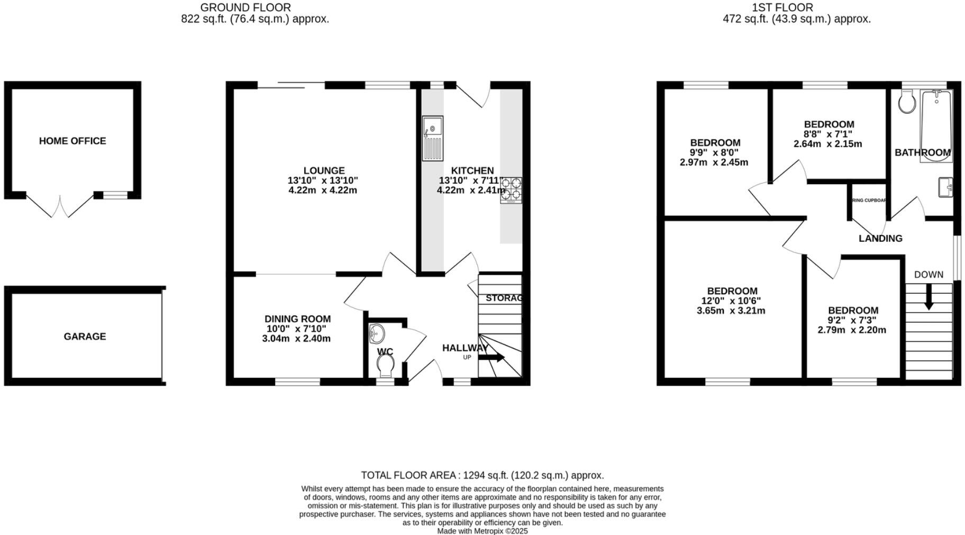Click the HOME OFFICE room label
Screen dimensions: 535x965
coord(72,141)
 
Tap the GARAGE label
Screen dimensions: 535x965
coord(85,337)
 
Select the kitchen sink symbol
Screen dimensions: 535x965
coord(432,138)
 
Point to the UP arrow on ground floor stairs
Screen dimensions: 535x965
coord(492,357)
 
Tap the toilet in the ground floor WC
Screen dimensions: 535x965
coord(386,365)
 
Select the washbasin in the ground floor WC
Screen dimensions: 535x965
coord(377,333)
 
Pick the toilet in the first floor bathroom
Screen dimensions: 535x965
coord(907,102)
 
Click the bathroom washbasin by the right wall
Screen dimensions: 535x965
coord(945,187)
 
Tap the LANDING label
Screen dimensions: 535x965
coord(880,239)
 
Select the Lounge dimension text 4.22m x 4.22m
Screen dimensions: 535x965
coord(323,191)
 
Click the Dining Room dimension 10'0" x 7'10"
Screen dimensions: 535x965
coord(296,329)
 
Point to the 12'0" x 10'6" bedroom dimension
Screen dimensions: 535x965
coord(732,301)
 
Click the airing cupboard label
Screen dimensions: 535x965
coord(869,201)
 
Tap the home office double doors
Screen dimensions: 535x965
coord(60,206)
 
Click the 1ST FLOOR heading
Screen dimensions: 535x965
coord(782,7)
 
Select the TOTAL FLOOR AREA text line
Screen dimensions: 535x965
coord(482,475)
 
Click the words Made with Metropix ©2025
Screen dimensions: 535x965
coord(482,531)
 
